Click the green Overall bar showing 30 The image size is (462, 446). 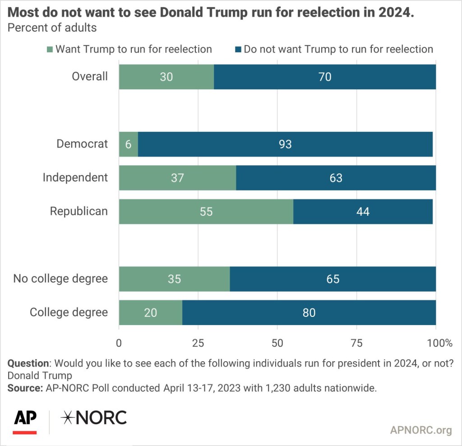point(166,77)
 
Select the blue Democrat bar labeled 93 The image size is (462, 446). point(285,144)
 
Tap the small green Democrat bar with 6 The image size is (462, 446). point(128,144)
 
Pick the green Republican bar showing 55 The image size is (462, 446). point(206,211)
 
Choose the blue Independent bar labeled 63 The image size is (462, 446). point(336,178)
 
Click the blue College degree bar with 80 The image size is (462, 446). point(309,312)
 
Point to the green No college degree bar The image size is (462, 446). point(174,279)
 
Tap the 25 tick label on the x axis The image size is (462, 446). point(198,343)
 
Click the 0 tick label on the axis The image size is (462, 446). point(119,343)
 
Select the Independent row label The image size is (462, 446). point(75,178)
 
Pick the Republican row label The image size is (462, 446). point(79,211)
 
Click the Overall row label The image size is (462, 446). point(90,77)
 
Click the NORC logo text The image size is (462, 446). point(94,418)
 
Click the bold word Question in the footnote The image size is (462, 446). point(28,363)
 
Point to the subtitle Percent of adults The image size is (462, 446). point(52,28)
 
